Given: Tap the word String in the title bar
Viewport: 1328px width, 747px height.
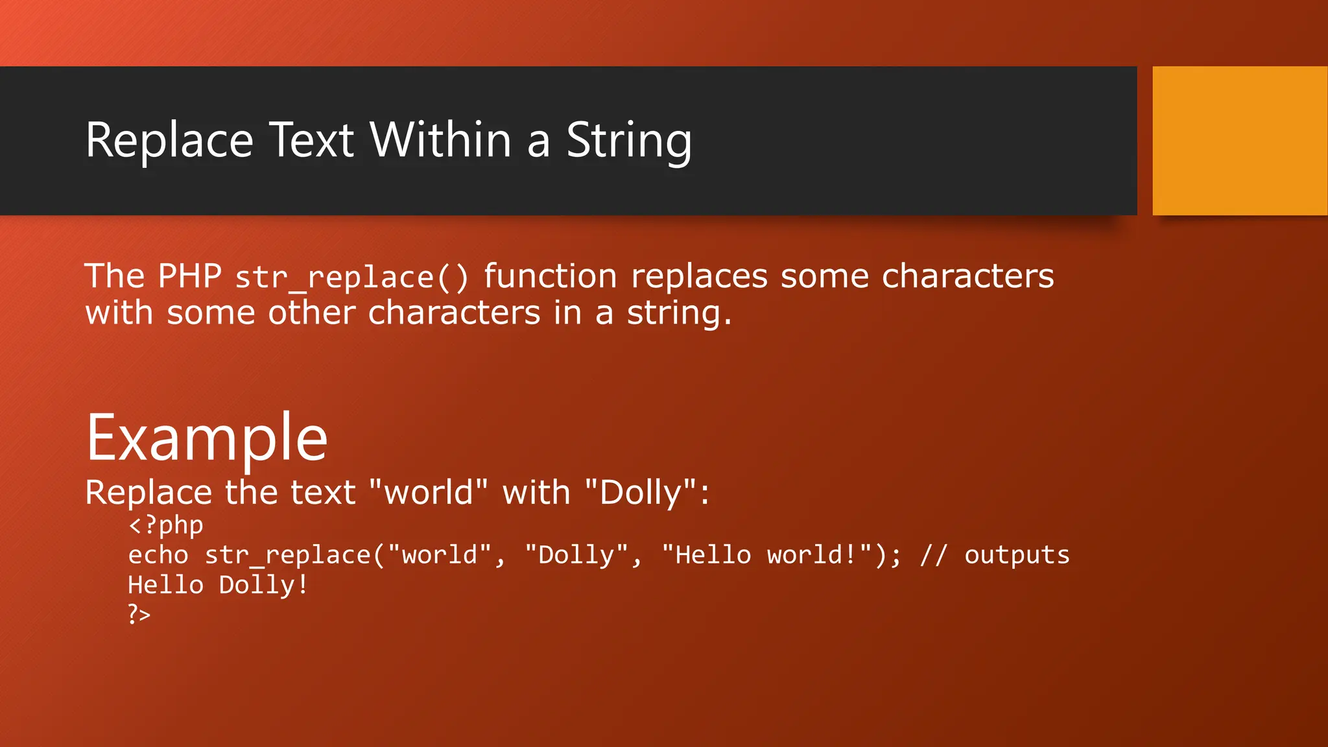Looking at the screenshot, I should pos(628,141).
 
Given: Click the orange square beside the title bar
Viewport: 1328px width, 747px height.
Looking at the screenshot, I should pos(1239,140).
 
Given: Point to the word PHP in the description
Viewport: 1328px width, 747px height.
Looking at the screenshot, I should pos(189,276).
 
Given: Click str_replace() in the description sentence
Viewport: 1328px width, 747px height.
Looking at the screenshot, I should pos(351,278).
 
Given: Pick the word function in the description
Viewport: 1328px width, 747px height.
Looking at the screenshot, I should pos(550,276).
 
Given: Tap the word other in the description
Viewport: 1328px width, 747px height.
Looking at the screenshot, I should pos(312,313).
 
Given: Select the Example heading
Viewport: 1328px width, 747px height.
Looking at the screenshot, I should pos(207,438).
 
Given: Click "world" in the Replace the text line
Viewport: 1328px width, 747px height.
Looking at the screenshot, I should pos(428,492).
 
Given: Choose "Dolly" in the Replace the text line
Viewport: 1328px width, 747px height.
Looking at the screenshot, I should pos(640,492).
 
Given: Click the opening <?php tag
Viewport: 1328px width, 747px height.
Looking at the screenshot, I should pos(166,525).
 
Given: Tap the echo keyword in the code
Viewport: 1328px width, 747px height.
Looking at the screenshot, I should pos(158,556).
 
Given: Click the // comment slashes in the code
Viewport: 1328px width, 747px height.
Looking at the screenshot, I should pos(934,556).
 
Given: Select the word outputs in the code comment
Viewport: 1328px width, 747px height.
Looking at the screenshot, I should pos(1017,556).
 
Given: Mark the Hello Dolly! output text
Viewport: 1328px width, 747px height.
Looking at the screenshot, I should pos(218,586).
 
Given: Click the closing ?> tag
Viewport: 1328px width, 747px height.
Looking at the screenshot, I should pos(139,613).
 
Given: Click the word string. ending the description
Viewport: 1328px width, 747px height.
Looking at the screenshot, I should pos(679,313).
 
